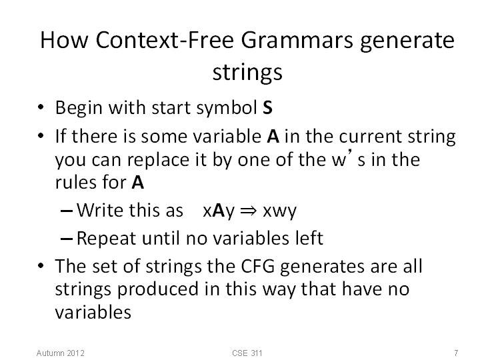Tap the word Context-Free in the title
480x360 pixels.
[165, 40]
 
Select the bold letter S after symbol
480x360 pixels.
[267, 108]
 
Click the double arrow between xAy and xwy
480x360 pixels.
[248, 211]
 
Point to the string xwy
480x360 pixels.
[280, 211]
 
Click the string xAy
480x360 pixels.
[219, 211]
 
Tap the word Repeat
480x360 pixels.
[106, 239]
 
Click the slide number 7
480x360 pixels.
[456, 353]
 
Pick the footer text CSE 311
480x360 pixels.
[247, 353]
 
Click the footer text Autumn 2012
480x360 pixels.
[60, 353]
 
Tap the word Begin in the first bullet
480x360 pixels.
[79, 109]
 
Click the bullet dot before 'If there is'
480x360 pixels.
[41, 135]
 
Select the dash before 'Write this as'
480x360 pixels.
[67, 211]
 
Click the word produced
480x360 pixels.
[158, 289]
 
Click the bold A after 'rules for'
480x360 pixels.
[138, 183]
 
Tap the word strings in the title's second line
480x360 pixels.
[247, 73]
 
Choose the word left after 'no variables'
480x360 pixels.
[309, 238]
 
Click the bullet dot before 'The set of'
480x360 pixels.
[41, 265]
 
